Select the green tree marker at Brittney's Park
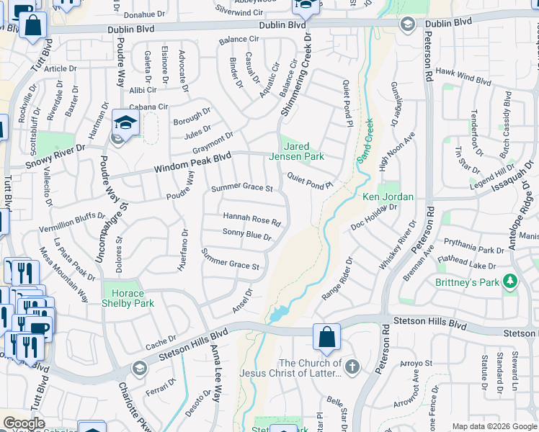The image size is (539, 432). (510, 280)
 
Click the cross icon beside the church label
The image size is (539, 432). (352, 367)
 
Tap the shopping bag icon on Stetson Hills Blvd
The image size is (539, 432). (326, 337)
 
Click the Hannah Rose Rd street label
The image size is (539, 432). (251, 218)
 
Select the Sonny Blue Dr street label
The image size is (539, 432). (247, 235)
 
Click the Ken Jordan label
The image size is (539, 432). (388, 197)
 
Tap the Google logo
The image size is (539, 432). (24, 423)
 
